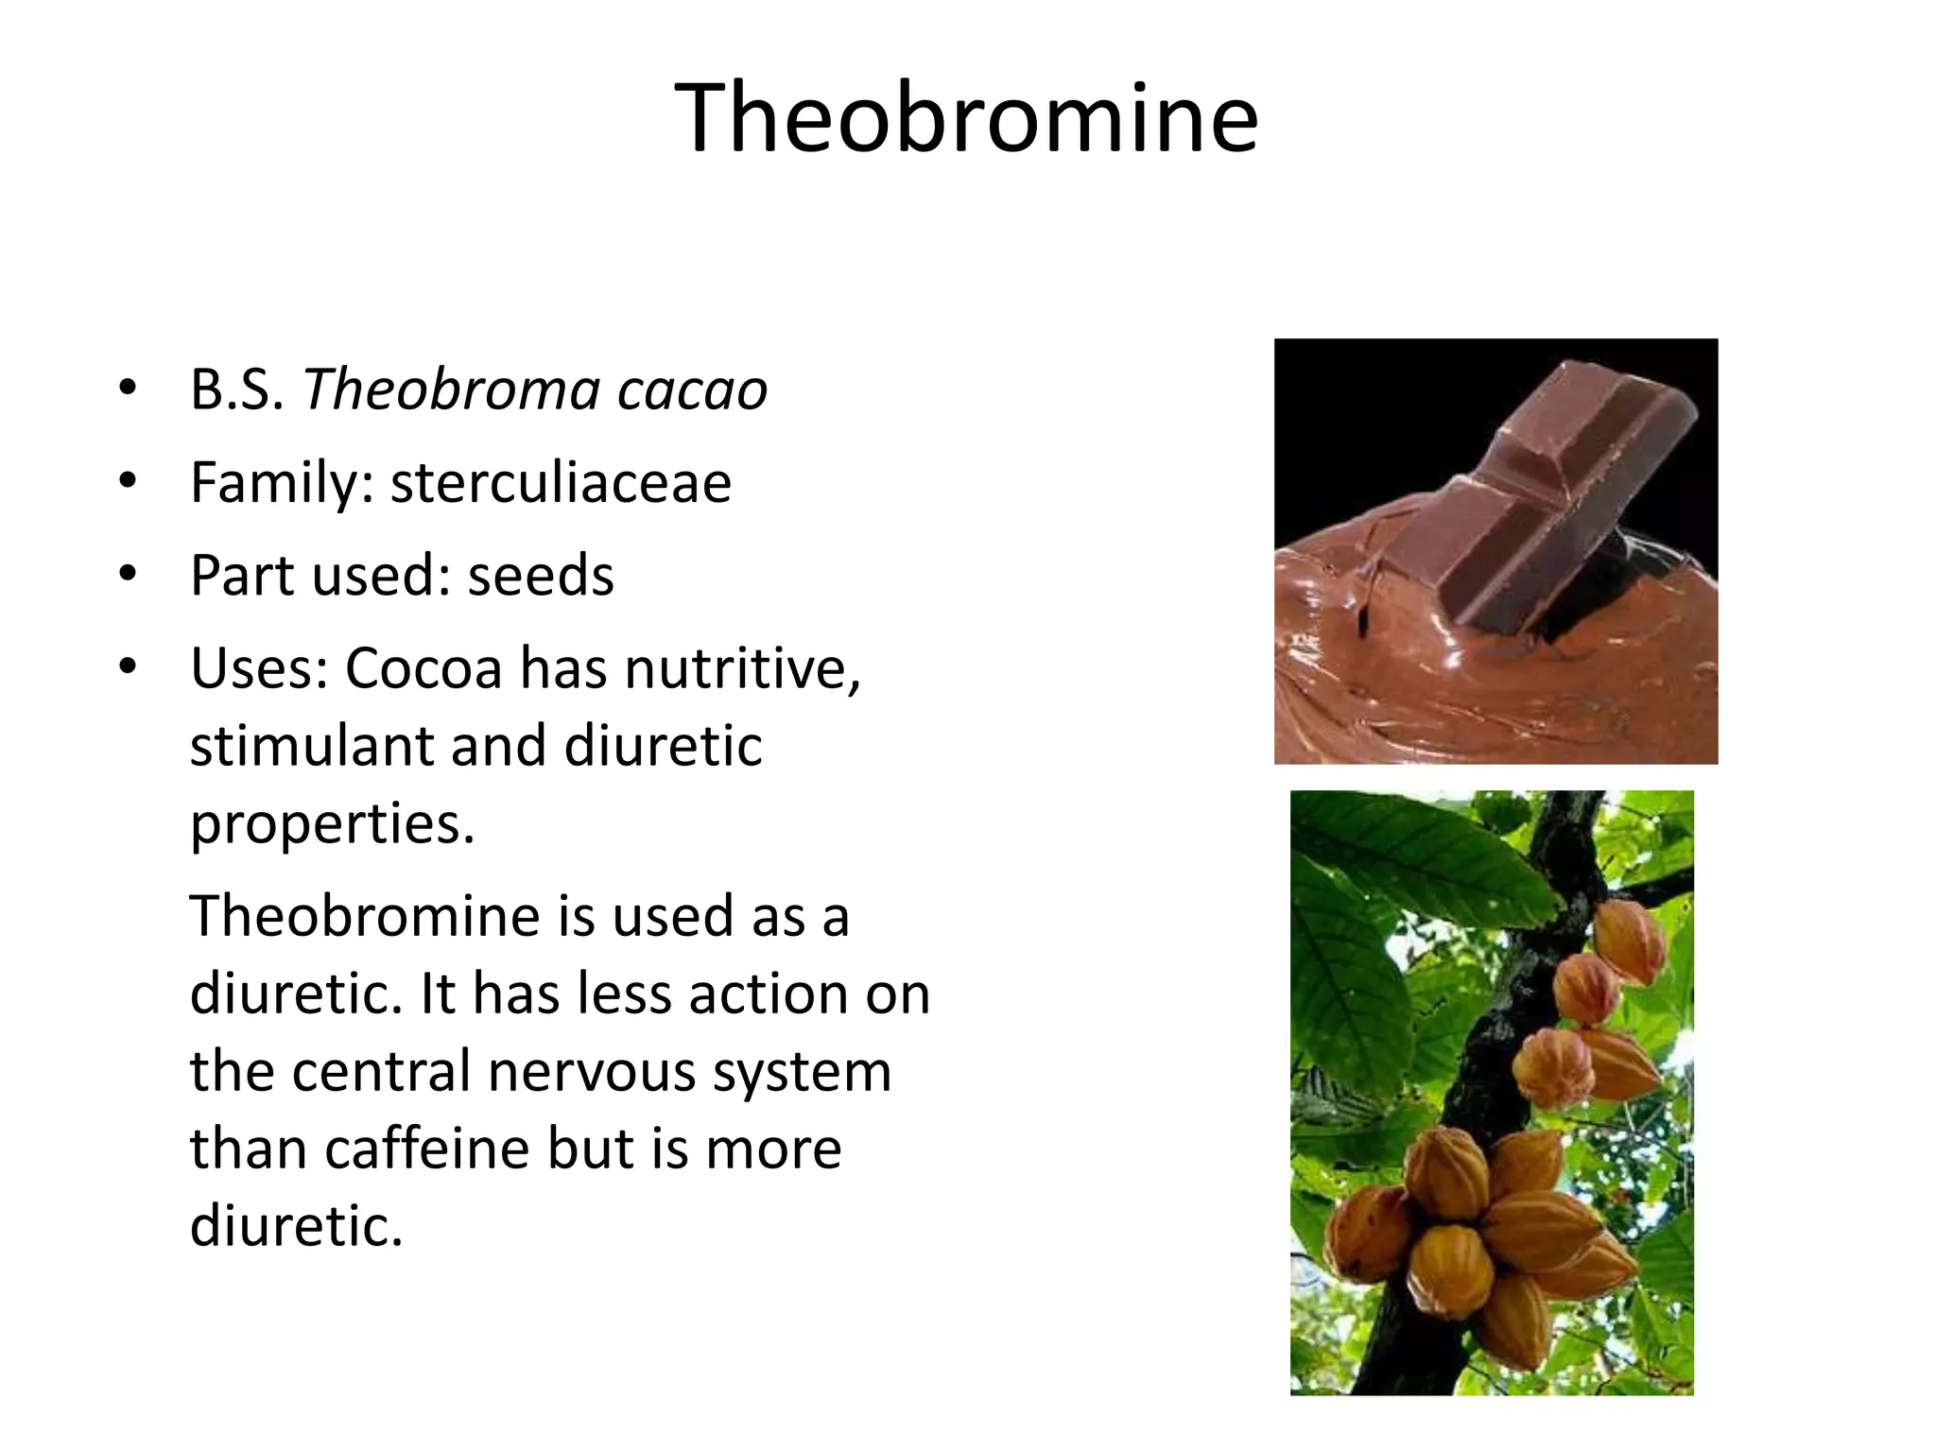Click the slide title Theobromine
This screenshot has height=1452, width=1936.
(966, 118)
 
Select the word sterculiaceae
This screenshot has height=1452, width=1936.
(561, 483)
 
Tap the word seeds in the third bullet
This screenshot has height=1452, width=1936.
(541, 576)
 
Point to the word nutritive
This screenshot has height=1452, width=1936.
(742, 668)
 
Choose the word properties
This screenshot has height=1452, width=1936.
(331, 824)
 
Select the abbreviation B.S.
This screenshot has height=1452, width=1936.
(236, 390)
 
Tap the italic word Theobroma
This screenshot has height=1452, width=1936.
(451, 390)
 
